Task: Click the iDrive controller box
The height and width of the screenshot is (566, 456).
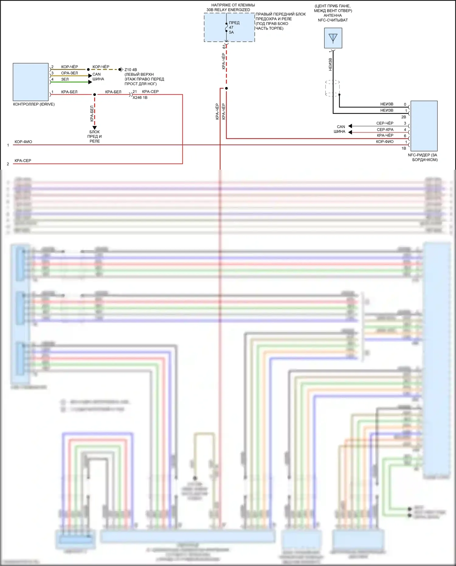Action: point(30,82)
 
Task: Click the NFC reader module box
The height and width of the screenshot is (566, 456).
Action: point(424,126)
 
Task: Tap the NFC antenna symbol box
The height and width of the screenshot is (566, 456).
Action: point(333,38)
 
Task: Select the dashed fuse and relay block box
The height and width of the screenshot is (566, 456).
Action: point(229,27)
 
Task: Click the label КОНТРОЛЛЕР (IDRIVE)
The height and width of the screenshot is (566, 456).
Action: point(34,104)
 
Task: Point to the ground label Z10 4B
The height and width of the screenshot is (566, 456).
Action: point(131,70)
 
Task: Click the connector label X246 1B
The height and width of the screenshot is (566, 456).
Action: point(140,98)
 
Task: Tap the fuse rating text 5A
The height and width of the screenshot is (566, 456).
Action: point(231,32)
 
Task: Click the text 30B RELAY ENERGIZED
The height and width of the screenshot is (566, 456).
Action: point(228,10)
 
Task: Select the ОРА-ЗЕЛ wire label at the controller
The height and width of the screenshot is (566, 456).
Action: point(69,73)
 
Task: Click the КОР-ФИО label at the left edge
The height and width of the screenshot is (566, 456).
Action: point(23,142)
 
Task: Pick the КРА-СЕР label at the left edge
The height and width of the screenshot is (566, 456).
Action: point(23,161)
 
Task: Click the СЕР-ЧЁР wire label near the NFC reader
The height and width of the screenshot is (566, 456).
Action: point(385,123)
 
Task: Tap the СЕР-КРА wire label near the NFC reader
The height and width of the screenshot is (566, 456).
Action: point(385,130)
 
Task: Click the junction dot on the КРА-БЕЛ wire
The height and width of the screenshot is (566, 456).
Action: point(95,95)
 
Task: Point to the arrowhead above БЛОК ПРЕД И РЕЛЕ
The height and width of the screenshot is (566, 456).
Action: point(95,128)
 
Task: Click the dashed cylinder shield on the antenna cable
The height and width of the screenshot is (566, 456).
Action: point(332,88)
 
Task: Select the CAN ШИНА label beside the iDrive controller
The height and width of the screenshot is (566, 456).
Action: point(98,77)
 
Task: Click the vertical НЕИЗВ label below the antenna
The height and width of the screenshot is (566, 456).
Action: point(330,64)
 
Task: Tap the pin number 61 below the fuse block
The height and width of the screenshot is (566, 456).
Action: point(224,47)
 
